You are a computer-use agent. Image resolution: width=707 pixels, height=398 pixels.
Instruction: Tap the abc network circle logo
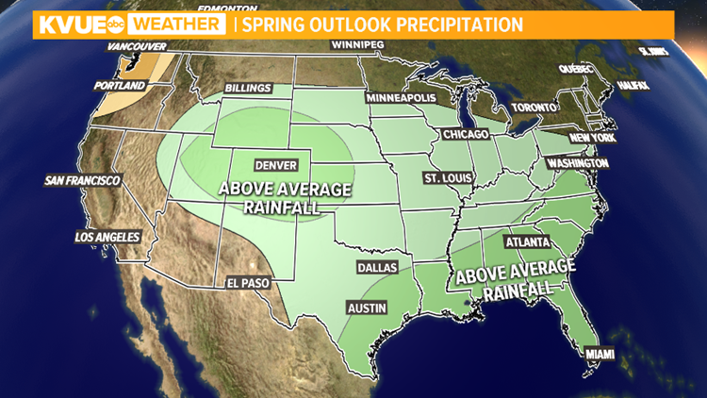[111, 25]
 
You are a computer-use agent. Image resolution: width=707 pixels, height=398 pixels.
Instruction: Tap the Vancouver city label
[137, 46]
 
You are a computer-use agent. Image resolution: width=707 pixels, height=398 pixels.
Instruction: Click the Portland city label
[122, 86]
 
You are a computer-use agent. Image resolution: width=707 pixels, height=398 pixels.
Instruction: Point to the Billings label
[248, 89]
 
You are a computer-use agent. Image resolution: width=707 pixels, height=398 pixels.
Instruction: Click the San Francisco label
[82, 180]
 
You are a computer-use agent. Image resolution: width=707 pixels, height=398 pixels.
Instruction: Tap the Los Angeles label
[107, 238]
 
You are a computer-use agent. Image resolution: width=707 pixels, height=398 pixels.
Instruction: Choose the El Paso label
[248, 281]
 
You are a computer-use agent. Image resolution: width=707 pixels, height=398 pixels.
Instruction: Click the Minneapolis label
[402, 98]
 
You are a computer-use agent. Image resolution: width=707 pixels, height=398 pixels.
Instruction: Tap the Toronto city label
[534, 108]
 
